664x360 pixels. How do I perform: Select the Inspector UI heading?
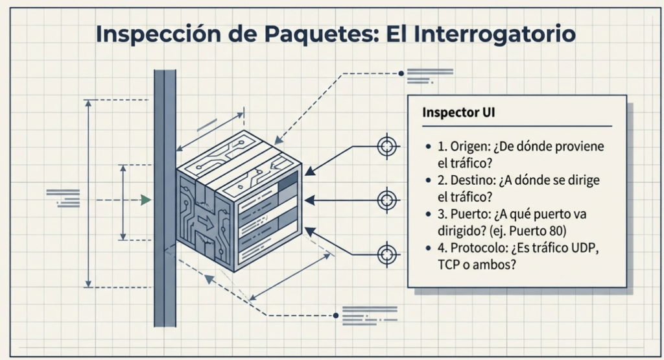point(459,112)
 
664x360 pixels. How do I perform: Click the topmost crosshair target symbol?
point(387,146)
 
